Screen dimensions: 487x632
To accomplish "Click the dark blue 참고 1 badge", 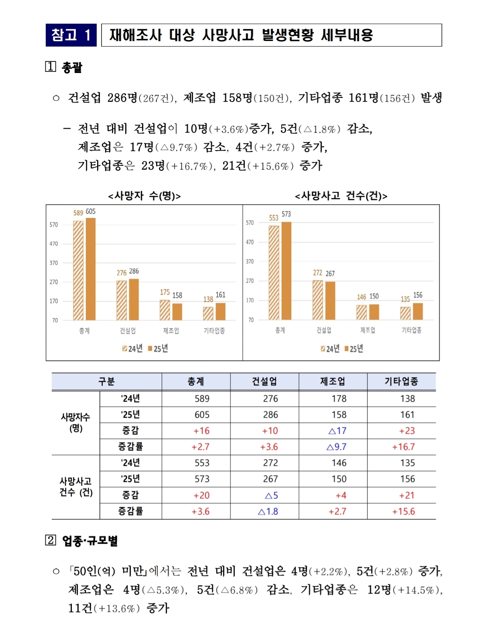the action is coord(71,35).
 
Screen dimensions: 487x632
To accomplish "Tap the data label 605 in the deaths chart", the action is coord(90,212).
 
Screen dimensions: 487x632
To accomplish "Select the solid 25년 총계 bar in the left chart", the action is coord(90,269).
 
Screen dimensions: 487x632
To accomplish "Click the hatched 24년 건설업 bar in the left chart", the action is coord(122,301).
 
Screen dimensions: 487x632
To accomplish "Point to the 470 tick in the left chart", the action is coord(53,244).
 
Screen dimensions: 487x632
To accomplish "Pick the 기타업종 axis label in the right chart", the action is coord(412,330).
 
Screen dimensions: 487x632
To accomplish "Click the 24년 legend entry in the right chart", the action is coord(330,349).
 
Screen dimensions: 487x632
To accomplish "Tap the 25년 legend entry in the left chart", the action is coord(158,348).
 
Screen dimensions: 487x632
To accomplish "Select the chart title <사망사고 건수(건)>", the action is coord(341,196).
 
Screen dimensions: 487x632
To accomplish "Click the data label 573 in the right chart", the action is coord(286,214).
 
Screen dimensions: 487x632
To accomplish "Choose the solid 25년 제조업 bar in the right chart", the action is coord(374,312).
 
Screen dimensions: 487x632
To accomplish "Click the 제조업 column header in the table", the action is coord(333,381).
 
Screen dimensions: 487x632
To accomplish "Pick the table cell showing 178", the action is coord(339,398).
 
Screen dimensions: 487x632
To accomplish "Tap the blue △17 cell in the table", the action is coord(337,431).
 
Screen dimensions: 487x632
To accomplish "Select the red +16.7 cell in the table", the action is coord(404,447).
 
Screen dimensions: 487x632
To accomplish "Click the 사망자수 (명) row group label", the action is coord(75,423).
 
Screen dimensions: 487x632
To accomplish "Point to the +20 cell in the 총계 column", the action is coord(201,495).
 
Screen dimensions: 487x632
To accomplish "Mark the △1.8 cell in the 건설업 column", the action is coord(268,511).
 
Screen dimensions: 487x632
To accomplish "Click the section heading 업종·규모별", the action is coord(89,541).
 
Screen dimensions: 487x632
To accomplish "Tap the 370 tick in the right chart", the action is coord(250,262).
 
